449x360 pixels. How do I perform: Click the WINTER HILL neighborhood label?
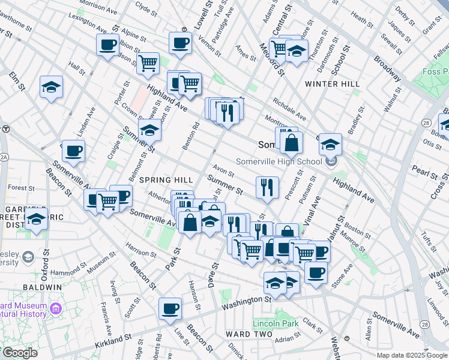tap(330, 83)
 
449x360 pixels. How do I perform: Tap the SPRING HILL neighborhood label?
tap(166, 180)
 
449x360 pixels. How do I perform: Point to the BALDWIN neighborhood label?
tap(43, 287)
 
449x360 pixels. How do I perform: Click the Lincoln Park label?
tap(276, 324)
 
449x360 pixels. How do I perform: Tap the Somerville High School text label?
tap(279, 161)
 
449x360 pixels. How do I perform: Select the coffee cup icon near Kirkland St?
tap(170, 308)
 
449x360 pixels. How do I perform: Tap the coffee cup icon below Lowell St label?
tap(180, 42)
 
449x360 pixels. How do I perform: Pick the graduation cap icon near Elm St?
tap(52, 87)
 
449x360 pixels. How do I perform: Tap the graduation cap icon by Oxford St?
tap(37, 220)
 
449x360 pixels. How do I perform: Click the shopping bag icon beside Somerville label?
tap(291, 142)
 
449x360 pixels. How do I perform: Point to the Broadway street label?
tap(387, 68)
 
